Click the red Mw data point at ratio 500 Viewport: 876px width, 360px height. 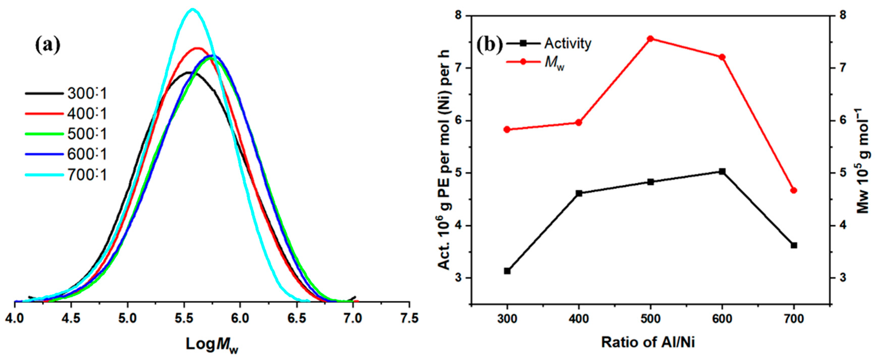coord(650,39)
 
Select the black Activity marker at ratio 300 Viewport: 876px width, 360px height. coord(507,271)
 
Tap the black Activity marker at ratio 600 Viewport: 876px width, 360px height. coord(722,171)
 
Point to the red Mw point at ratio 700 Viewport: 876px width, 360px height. coord(794,190)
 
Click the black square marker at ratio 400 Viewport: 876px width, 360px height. coord(579,193)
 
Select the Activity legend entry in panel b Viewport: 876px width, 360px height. coord(567,43)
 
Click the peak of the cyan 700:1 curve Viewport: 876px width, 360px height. coord(192,9)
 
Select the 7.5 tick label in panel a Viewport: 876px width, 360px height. coord(409,318)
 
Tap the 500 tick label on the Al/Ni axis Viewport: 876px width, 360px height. coord(650,319)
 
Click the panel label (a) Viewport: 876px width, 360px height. coord(48,46)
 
